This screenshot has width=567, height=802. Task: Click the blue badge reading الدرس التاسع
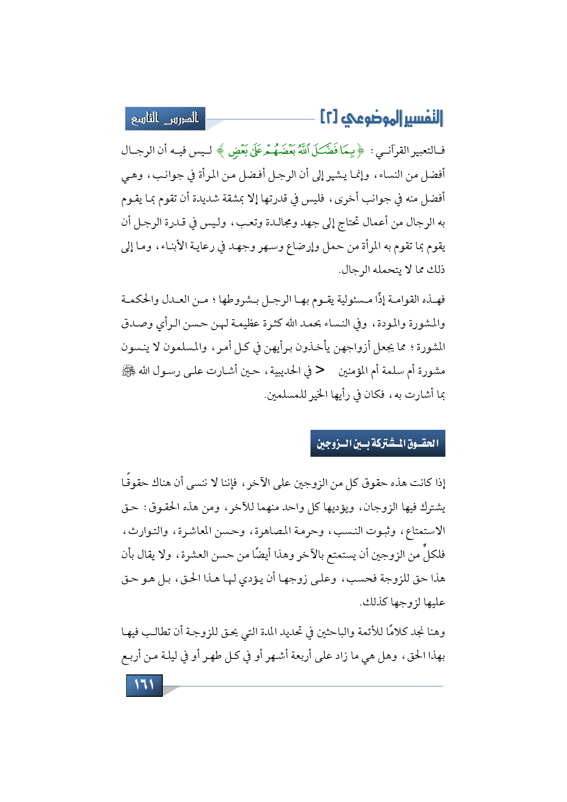[165, 118]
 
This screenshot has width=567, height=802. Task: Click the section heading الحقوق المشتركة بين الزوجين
[378, 443]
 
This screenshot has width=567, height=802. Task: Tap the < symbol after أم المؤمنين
[321, 370]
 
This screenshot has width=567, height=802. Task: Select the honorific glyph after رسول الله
[126, 371]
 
